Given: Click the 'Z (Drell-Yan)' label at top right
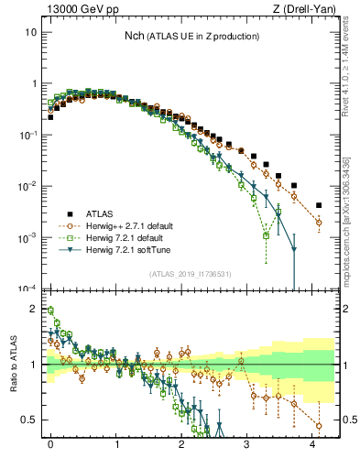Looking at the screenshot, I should (307, 10).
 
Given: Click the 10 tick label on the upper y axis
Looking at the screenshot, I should (31, 32).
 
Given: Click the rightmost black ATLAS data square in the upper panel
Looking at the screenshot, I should (319, 205).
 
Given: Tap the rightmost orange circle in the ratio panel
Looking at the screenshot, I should (319, 425).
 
